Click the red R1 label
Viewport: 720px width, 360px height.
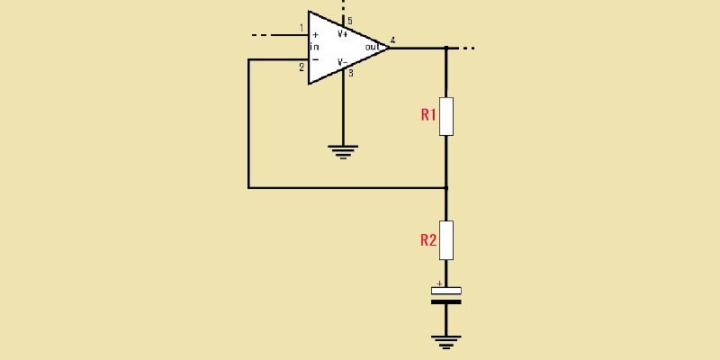428,115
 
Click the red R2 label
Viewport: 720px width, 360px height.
428,240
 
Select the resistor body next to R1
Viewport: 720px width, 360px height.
446,117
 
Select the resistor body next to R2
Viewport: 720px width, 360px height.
446,240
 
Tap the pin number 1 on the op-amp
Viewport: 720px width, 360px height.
301,29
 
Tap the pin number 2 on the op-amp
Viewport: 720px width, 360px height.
301,68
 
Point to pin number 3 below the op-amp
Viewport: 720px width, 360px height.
351,73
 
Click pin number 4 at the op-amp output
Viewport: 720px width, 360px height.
392,40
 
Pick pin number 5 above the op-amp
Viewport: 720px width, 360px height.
350,21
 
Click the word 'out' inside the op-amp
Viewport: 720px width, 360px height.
373,47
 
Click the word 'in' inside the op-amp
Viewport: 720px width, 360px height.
314,47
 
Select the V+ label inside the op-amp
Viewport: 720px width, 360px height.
343,33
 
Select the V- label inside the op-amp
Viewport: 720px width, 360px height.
343,62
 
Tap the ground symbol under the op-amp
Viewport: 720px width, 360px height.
343,151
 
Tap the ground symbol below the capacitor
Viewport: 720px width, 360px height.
446,343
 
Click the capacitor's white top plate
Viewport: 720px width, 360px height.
446,291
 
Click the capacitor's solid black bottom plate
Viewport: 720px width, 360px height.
446,301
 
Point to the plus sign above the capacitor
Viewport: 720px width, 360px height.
439,283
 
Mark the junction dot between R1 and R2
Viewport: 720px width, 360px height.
446,188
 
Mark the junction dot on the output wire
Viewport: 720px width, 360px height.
446,48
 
